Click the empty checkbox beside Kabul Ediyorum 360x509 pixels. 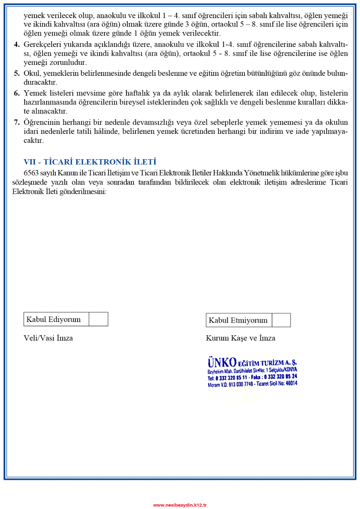(98, 319)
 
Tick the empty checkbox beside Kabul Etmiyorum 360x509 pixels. (281, 320)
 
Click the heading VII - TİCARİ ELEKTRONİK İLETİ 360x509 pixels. (90, 162)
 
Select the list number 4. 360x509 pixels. (17, 44)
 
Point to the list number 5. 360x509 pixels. (17, 73)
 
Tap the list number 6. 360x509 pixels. (17, 93)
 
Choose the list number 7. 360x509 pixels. (17, 122)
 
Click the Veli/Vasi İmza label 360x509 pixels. (48, 338)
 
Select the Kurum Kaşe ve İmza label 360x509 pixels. (240, 338)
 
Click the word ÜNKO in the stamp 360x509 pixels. (222, 363)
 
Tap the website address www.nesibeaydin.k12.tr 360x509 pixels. (180, 505)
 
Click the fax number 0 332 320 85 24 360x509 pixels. (280, 377)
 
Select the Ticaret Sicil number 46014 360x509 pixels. (291, 383)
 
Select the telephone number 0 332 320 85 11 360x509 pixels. (231, 378)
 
